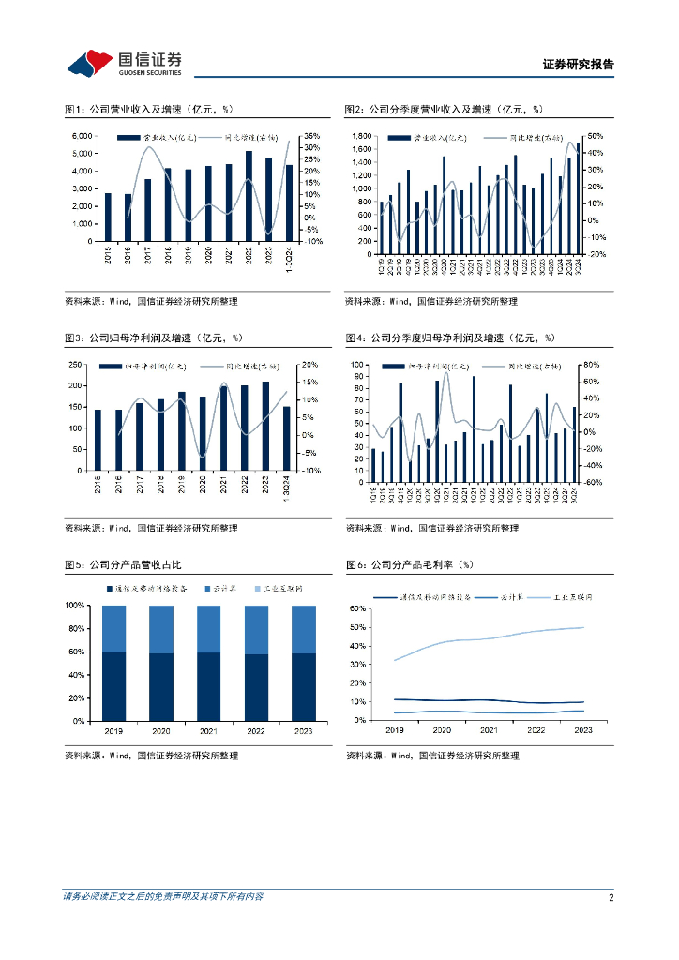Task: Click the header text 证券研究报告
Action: [x=578, y=65]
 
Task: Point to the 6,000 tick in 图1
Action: [x=82, y=137]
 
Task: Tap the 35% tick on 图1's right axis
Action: [x=313, y=137]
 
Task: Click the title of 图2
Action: [x=444, y=110]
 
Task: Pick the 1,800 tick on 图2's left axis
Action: [x=362, y=137]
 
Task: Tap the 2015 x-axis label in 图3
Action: [x=98, y=485]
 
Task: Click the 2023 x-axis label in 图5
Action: [x=304, y=731]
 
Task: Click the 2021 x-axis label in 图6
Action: [x=489, y=729]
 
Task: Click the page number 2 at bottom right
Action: [x=611, y=897]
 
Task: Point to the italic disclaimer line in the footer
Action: [x=163, y=897]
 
